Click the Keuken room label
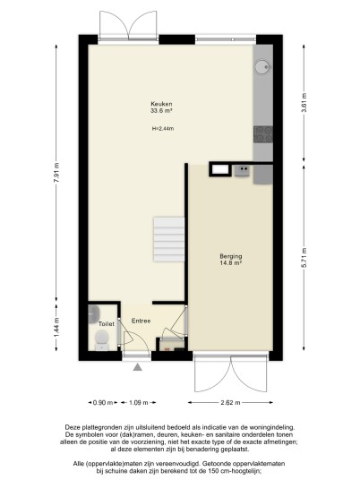(x=161, y=104)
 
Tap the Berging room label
(x=231, y=256)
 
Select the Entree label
(x=141, y=321)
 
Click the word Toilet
(x=107, y=324)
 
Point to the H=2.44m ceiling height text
(x=163, y=129)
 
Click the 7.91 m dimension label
(x=56, y=173)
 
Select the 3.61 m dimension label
(x=304, y=102)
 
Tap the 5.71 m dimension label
(x=304, y=257)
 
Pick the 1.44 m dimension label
(x=56, y=328)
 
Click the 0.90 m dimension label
(x=103, y=403)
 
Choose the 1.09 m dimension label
(x=139, y=403)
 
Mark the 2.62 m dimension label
(x=230, y=403)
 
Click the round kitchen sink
(x=262, y=67)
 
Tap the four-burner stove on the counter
(x=263, y=134)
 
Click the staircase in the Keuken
(x=169, y=239)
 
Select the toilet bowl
(x=102, y=340)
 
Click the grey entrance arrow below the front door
(x=137, y=367)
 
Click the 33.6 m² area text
(x=161, y=111)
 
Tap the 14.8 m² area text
(x=231, y=263)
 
